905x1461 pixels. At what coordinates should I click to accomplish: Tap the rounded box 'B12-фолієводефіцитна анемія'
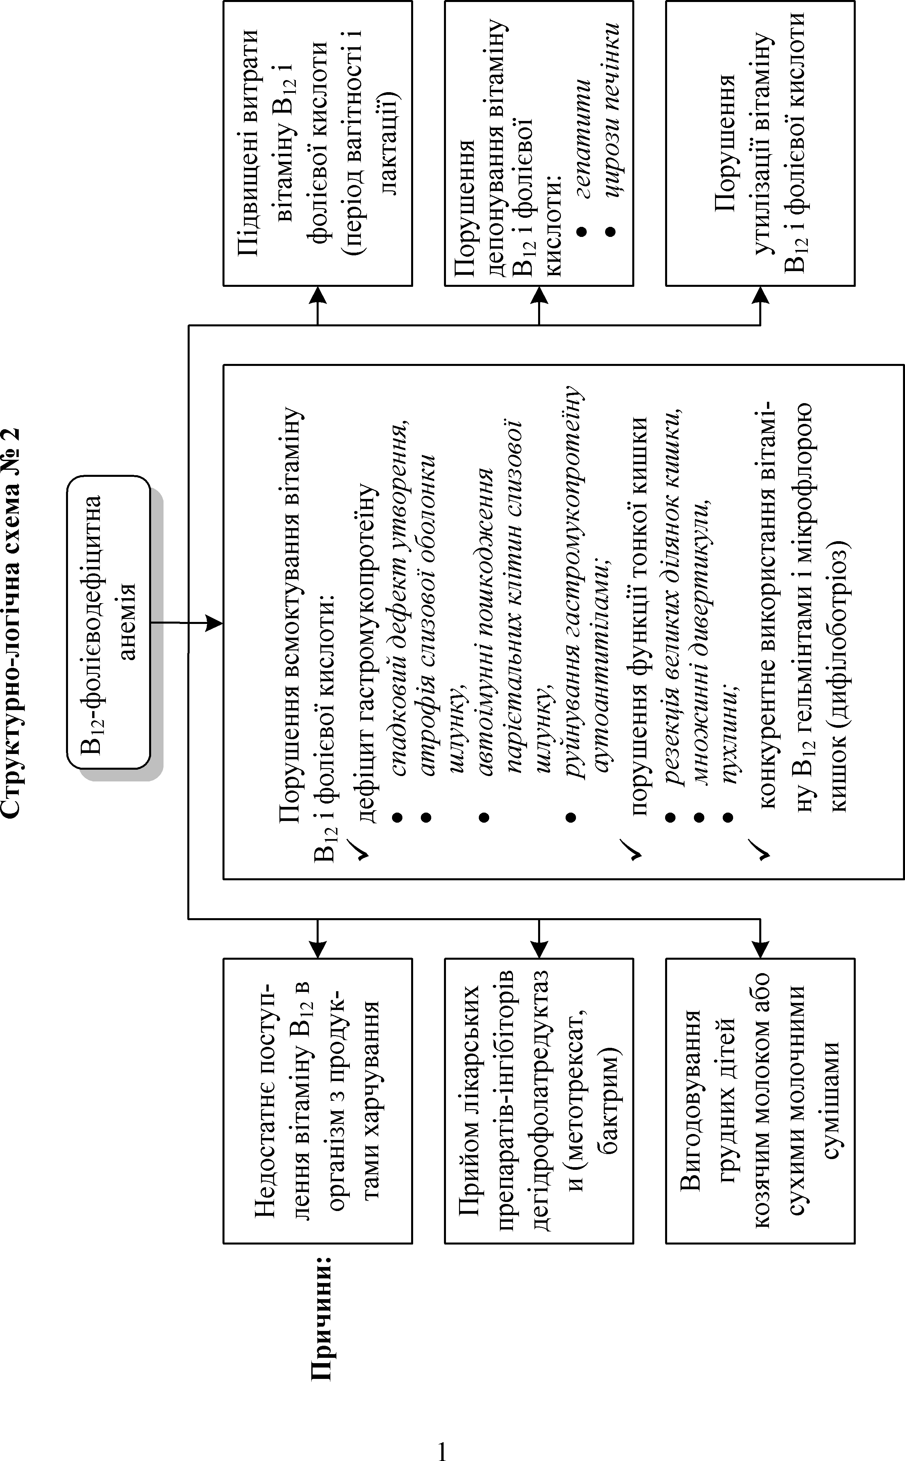point(108,623)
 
